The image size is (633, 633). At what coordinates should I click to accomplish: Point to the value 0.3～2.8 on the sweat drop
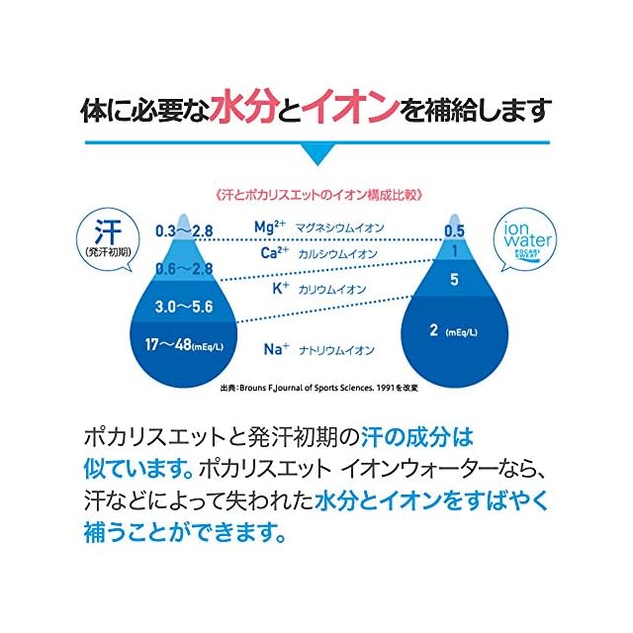click(x=184, y=231)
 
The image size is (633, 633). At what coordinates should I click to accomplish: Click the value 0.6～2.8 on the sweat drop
click(x=184, y=269)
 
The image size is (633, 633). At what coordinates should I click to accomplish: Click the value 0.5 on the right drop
click(x=454, y=231)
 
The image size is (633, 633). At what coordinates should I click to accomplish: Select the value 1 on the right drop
click(x=454, y=251)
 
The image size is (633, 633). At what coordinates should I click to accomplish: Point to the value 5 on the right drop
click(x=454, y=280)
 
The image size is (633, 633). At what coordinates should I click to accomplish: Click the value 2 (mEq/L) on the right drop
click(x=455, y=330)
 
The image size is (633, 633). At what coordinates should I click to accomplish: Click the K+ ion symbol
click(x=280, y=289)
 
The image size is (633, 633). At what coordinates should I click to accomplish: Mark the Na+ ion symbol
click(x=276, y=348)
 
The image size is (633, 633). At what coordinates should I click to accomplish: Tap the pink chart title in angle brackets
click(x=316, y=194)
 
